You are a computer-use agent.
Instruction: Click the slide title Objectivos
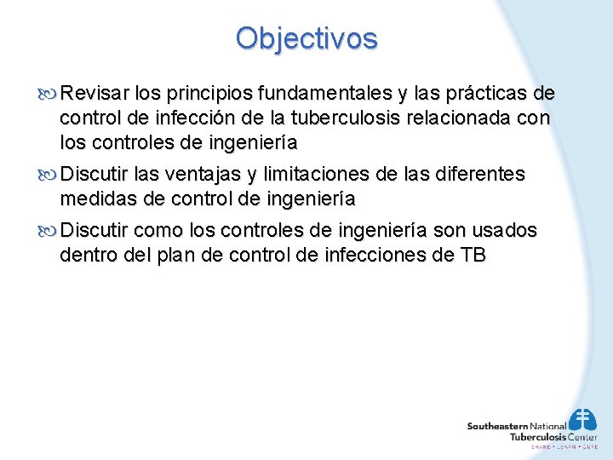(306, 38)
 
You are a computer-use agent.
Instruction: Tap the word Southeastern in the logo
(497, 426)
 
